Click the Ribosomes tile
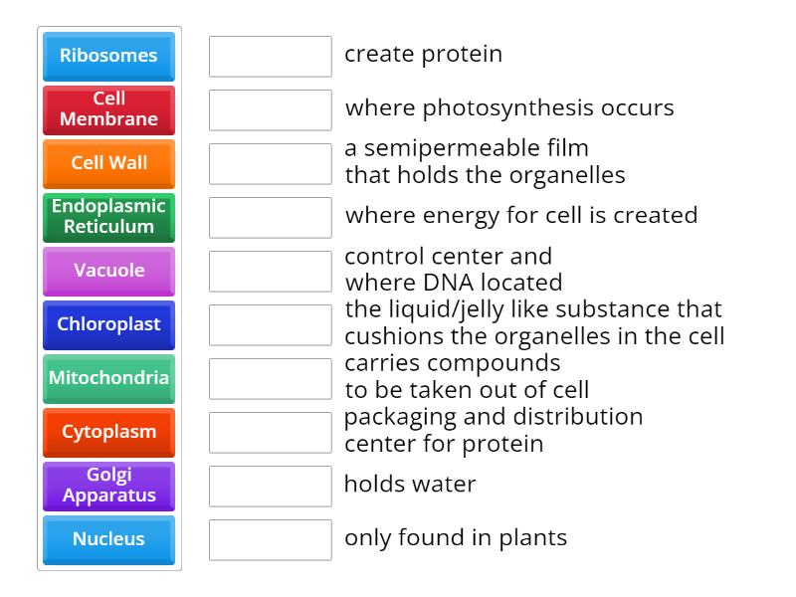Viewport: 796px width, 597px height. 108,56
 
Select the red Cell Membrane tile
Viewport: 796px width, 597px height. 108,109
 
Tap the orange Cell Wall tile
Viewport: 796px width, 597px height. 108,163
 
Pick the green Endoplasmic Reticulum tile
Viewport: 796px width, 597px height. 108,217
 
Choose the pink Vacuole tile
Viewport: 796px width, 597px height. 108,271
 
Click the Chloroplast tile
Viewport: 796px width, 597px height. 108,324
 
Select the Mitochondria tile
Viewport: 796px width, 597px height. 108,378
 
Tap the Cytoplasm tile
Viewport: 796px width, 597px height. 108,432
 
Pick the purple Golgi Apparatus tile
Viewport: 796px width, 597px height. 108,486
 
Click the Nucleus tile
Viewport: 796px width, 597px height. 108,539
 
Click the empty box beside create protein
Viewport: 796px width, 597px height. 270,56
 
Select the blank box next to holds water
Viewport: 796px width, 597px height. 270,486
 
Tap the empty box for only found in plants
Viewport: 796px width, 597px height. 270,539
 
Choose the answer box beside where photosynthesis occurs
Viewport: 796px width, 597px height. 270,109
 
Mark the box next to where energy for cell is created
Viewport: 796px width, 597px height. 270,217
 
